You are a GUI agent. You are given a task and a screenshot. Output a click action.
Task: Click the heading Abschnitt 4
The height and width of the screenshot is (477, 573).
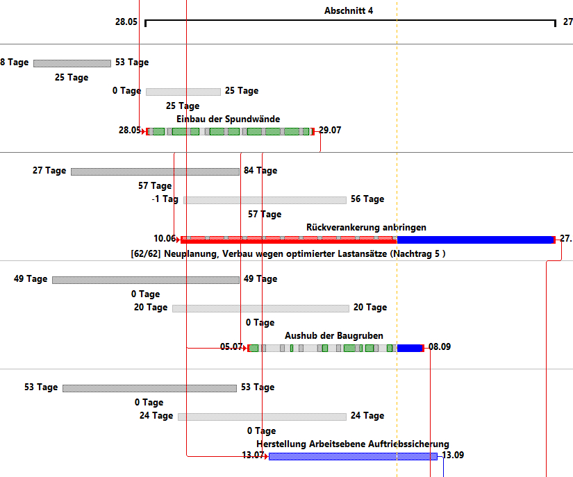(x=349, y=11)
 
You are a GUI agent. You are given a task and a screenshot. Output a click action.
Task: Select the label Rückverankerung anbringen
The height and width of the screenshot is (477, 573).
(x=366, y=227)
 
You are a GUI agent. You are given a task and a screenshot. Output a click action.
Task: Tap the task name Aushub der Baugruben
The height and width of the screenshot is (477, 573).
(x=333, y=335)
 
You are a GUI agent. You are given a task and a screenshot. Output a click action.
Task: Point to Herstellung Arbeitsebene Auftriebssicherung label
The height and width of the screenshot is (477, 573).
(x=353, y=444)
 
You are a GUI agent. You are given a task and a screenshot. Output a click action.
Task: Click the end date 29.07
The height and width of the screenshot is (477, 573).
(x=330, y=131)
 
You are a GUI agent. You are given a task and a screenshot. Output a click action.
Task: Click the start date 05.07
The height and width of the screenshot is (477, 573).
(x=231, y=347)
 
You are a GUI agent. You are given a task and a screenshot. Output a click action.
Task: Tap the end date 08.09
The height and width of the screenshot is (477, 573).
(x=440, y=347)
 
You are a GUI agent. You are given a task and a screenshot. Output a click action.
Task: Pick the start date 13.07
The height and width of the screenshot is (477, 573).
(x=253, y=455)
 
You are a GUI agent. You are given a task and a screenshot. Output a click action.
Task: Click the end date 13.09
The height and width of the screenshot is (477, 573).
(x=453, y=455)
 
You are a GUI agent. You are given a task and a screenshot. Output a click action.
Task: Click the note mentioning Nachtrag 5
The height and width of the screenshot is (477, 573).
(x=288, y=254)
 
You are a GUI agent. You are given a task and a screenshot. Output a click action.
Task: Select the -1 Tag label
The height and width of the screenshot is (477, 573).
(x=165, y=199)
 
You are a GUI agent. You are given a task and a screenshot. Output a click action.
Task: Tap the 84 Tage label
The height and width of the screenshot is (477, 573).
(x=260, y=171)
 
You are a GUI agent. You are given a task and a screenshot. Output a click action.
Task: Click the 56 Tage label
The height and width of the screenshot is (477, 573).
(x=367, y=199)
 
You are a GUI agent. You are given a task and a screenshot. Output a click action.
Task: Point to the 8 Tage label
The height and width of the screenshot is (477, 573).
(x=15, y=62)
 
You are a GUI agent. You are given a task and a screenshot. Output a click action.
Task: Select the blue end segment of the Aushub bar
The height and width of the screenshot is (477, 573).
(x=409, y=348)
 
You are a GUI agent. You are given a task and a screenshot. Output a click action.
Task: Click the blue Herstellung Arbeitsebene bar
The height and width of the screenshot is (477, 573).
(x=353, y=456)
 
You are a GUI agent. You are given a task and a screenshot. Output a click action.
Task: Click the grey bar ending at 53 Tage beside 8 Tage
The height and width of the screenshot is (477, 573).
(x=72, y=63)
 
